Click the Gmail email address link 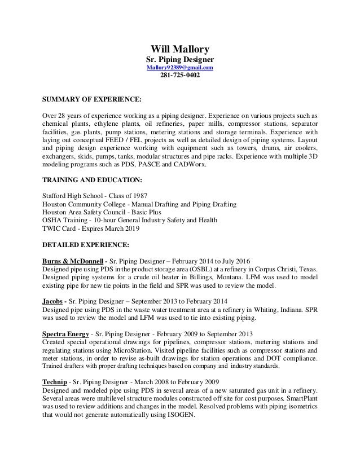coord(180,68)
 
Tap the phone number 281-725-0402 coord(180,78)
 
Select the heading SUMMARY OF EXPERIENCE coord(92,99)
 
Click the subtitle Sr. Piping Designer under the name coord(180,59)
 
